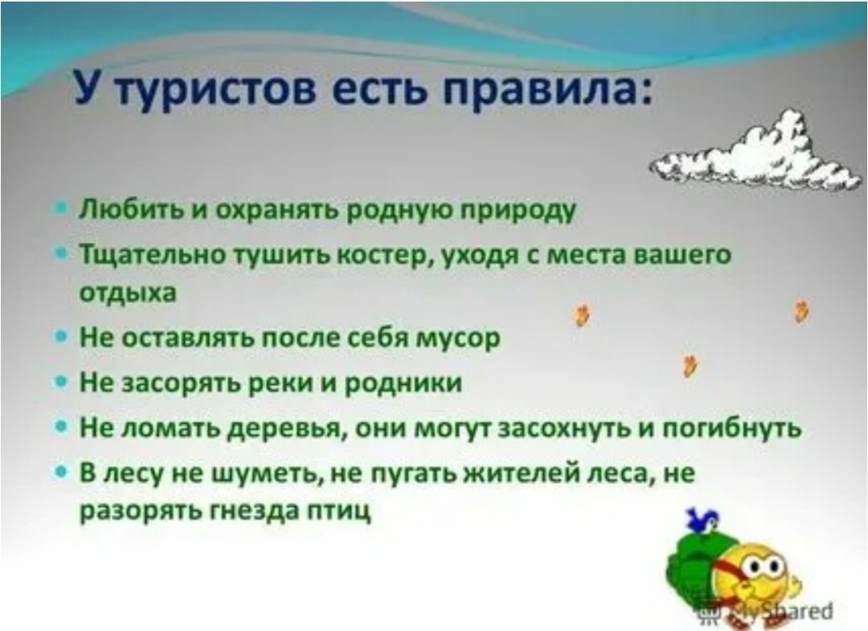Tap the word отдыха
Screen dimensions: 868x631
tap(128, 293)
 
